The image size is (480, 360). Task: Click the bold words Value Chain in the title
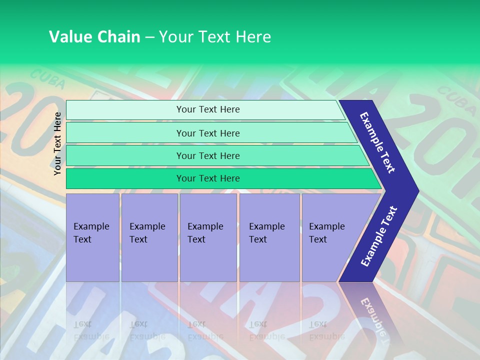94,37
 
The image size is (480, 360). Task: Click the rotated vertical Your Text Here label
57,143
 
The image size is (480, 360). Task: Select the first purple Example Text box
92,237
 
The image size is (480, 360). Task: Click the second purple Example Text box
149,237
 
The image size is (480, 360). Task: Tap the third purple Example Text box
208,237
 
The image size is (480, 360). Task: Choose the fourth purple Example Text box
269,237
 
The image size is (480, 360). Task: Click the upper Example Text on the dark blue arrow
377,142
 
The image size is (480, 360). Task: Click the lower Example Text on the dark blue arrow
379,236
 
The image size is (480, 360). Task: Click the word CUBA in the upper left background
47,79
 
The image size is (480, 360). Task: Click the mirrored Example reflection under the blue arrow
373,315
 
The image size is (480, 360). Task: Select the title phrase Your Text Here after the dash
215,37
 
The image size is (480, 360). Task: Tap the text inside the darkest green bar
208,178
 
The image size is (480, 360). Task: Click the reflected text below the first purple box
91,330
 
